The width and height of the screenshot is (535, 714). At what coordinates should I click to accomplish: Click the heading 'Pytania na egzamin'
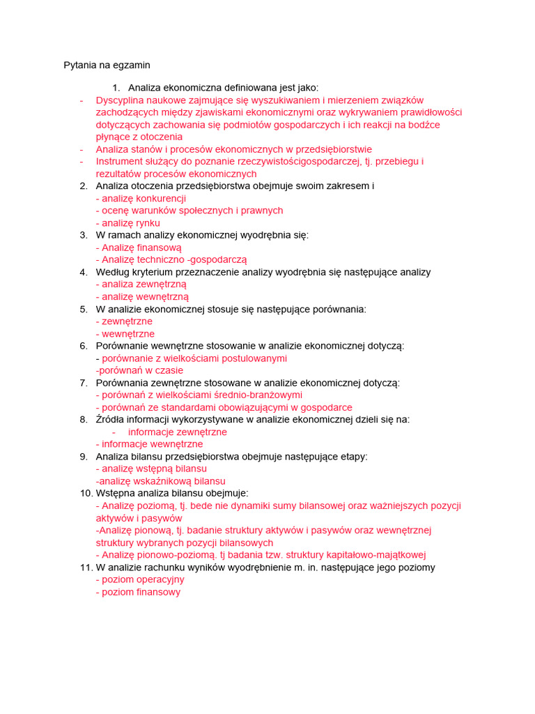coord(107,65)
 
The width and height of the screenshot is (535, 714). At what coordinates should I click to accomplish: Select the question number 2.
coord(84,186)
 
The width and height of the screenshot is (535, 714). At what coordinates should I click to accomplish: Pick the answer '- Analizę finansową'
coord(139,248)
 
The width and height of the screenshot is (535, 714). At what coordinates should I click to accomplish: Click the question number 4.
coord(84,272)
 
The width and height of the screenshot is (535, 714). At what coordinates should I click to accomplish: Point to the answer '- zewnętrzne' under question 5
coord(124,321)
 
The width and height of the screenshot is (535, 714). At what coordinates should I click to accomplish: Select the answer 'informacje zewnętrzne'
coord(178,432)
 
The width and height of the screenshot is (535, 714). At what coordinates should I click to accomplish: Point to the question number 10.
coord(84,493)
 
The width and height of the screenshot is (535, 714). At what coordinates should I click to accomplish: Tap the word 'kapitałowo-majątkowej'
coord(376,555)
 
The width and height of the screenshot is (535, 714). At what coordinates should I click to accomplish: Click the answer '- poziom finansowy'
coord(138,592)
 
